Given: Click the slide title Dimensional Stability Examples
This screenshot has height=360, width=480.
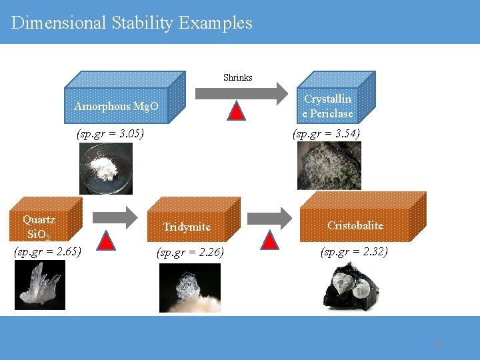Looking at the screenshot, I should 132,23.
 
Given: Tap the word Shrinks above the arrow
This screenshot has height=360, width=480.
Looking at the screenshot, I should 237,77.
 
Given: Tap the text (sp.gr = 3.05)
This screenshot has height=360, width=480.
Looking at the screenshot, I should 111,133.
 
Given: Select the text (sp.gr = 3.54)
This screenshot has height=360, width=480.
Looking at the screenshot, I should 327,133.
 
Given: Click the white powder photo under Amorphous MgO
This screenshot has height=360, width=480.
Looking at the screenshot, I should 106,169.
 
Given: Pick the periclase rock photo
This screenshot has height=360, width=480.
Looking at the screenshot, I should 329,165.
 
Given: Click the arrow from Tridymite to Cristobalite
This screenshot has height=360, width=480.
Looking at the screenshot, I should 270,217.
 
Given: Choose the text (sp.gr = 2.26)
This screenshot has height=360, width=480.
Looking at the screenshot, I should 190,253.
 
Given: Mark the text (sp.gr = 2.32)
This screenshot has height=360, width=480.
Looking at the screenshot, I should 354,251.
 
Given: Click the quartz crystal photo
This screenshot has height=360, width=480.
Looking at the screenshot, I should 40,285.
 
